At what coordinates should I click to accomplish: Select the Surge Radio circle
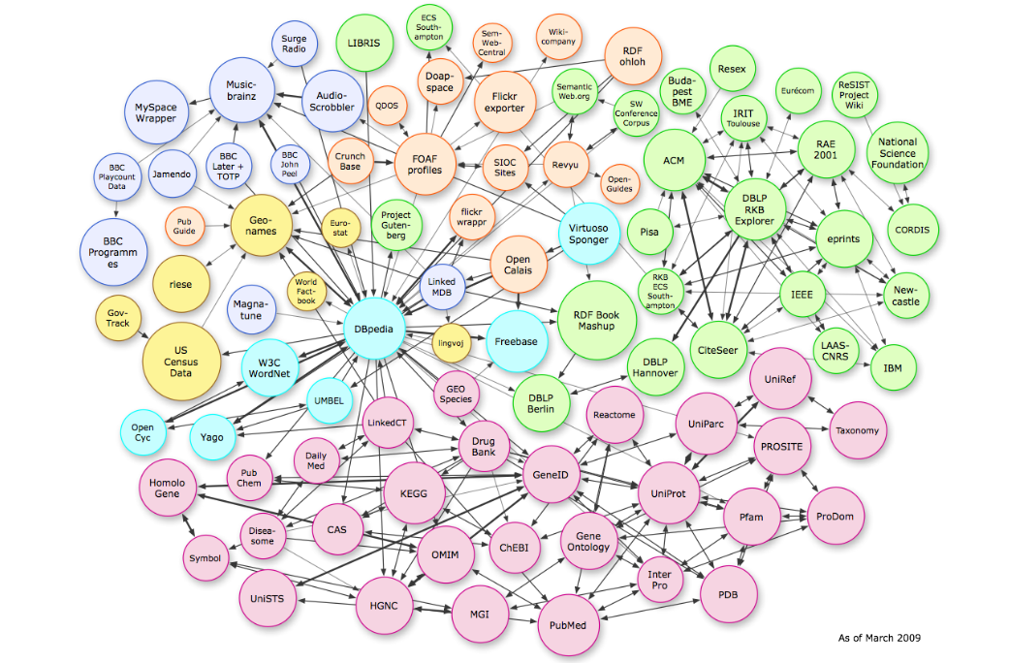pyautogui.click(x=294, y=45)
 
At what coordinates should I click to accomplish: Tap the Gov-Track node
pyautogui.click(x=117, y=317)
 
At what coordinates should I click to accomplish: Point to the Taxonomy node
pyautogui.click(x=857, y=430)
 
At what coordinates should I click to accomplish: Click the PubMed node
pyautogui.click(x=567, y=625)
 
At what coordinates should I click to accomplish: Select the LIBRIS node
pyautogui.click(x=364, y=44)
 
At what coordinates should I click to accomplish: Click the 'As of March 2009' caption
pyautogui.click(x=879, y=638)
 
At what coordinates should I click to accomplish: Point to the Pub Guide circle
pyautogui.click(x=184, y=227)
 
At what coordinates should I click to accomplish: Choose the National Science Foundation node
pyautogui.click(x=897, y=154)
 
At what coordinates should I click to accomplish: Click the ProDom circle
pyautogui.click(x=835, y=517)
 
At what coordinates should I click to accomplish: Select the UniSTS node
pyautogui.click(x=267, y=598)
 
